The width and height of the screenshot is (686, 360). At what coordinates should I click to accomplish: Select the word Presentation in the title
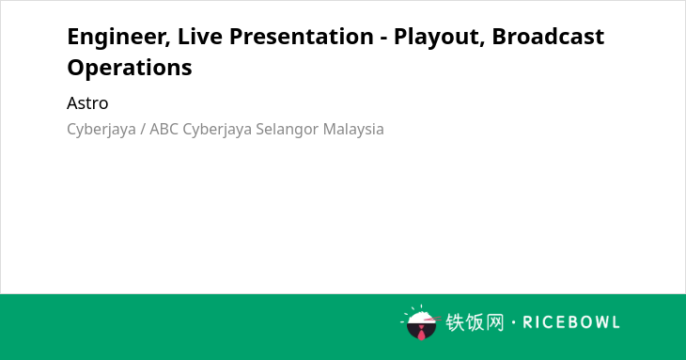(x=302, y=36)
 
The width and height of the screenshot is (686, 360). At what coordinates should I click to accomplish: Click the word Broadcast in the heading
(x=548, y=36)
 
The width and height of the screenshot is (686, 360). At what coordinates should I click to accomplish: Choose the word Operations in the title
(x=130, y=68)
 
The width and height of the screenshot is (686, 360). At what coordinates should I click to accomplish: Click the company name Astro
(x=87, y=103)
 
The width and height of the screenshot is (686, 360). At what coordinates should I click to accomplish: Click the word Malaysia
(x=353, y=130)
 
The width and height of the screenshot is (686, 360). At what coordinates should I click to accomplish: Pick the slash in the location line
(x=143, y=130)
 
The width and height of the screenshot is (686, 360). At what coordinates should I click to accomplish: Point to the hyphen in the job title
(x=383, y=39)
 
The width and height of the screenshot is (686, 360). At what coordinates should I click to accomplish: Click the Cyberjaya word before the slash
(x=101, y=130)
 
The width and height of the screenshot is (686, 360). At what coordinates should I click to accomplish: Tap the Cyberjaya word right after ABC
(x=217, y=130)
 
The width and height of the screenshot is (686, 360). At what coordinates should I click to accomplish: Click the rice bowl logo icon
(x=420, y=322)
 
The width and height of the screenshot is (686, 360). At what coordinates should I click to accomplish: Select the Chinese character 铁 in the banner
(x=455, y=322)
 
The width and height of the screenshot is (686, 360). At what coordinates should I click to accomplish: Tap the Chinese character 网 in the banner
(x=494, y=322)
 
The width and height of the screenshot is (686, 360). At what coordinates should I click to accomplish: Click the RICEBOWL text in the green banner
(x=571, y=322)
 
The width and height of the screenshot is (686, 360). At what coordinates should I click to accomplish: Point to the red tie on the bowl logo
(x=421, y=333)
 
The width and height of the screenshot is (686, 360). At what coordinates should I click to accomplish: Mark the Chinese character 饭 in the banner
(x=475, y=322)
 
